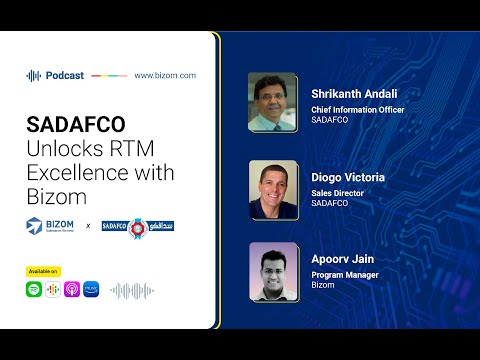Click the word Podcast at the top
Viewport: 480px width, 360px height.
tap(65, 75)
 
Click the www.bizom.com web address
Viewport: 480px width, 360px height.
tap(164, 75)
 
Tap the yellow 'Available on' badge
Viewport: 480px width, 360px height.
tap(44, 271)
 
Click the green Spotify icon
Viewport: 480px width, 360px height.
tap(34, 289)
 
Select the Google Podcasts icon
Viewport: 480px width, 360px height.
tap(52, 289)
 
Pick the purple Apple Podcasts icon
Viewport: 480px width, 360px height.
tap(72, 289)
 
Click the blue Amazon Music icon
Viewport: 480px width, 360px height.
tap(91, 289)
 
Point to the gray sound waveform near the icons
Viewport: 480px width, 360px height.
tap(131, 290)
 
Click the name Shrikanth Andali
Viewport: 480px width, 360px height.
tap(355, 94)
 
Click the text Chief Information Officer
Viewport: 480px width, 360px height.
tap(358, 110)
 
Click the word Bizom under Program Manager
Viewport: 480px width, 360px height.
tap(322, 285)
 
